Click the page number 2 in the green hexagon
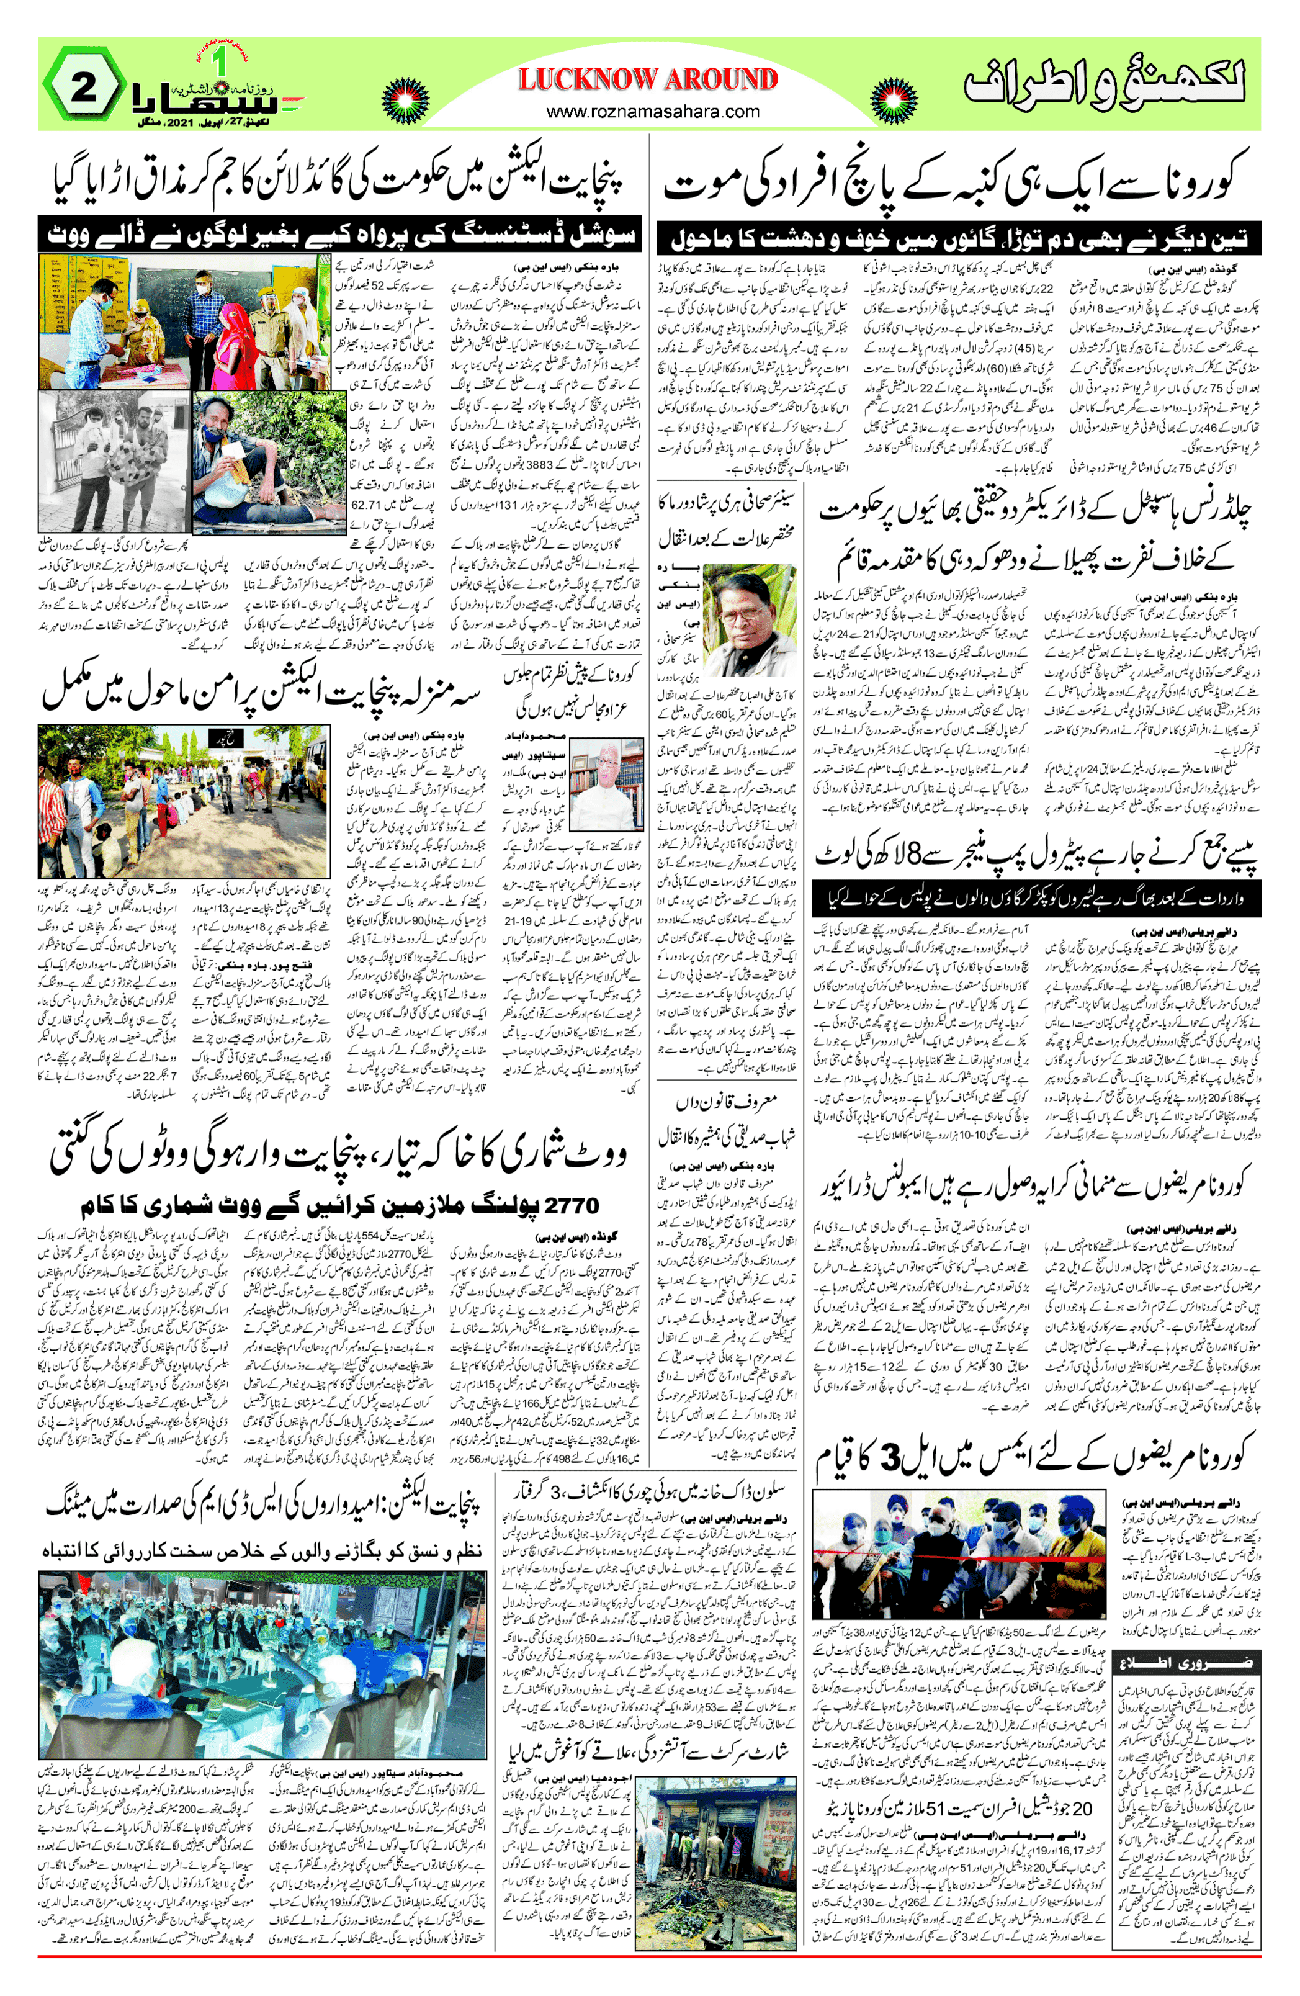pyautogui.click(x=84, y=88)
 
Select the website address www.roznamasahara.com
pyautogui.click(x=653, y=112)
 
